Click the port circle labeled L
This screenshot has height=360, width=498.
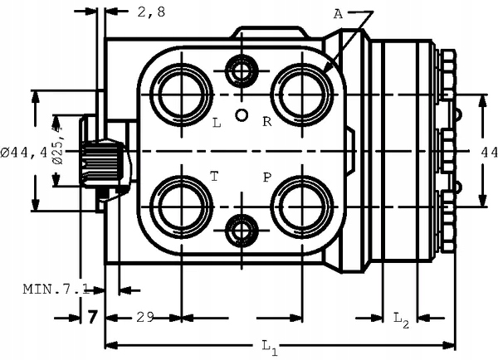click(182, 92)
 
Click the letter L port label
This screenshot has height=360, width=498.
click(217, 123)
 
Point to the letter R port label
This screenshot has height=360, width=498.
click(267, 122)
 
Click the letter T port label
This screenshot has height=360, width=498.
click(214, 177)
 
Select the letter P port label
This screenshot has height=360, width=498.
click(267, 177)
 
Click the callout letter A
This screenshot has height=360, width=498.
click(339, 14)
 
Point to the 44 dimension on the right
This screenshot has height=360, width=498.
click(489, 152)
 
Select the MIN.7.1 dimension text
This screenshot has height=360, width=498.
click(55, 289)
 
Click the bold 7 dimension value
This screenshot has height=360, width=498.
click(92, 317)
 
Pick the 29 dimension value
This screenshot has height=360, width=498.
click(145, 317)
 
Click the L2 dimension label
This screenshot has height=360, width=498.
click(400, 318)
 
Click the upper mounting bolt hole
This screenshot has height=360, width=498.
click(242, 72)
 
